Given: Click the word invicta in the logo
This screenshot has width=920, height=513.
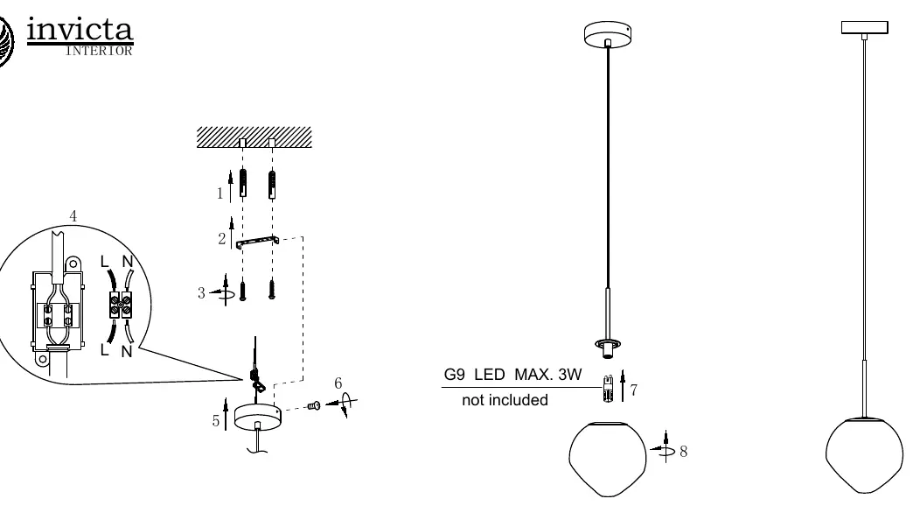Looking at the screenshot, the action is coord(80,30).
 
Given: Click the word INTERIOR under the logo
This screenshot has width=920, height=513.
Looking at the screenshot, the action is coord(99,51).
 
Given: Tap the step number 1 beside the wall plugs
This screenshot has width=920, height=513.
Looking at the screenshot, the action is coord(220,193).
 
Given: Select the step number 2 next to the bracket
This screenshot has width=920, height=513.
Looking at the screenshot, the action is coord(222,239).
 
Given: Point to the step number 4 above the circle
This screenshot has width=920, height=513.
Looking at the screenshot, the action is coord(73,215).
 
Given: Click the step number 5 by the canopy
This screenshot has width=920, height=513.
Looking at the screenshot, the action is coord(216,421).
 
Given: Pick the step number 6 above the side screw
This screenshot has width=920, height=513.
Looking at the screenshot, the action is coord(338,383).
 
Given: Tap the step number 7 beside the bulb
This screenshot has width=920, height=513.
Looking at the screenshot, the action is coord(634,390).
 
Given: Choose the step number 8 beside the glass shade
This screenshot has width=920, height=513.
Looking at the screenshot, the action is coord(684,452).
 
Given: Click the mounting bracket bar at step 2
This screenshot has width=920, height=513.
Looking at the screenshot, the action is coord(257,242).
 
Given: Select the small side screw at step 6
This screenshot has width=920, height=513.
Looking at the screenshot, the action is coord(314,405).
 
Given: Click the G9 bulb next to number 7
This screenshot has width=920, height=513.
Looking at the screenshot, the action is coord(608,389).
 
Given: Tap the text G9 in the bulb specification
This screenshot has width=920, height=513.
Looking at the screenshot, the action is coord(454,375).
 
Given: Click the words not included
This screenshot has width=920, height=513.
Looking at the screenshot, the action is coord(505,400).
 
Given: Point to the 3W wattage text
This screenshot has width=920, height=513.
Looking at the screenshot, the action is coord(569,375).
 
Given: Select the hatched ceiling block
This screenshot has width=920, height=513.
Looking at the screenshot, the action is coord(254,137).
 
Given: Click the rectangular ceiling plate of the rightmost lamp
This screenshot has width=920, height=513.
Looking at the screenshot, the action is coord(864,28).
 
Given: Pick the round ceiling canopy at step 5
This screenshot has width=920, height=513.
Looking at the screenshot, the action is coord(258,418).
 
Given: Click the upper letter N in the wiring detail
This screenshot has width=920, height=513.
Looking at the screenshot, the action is coord(128,262).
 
